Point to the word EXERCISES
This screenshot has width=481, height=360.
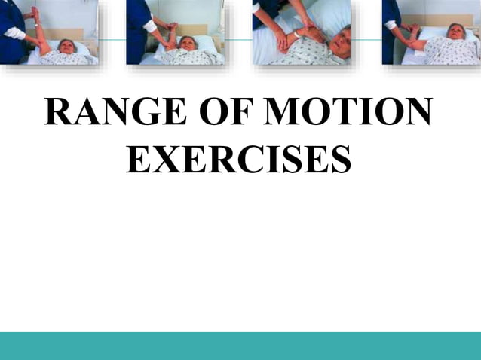point(239,159)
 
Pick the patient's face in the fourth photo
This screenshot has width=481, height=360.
point(457,32)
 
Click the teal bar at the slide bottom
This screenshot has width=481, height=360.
point(240,346)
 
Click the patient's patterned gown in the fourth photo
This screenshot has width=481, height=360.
point(445,51)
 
